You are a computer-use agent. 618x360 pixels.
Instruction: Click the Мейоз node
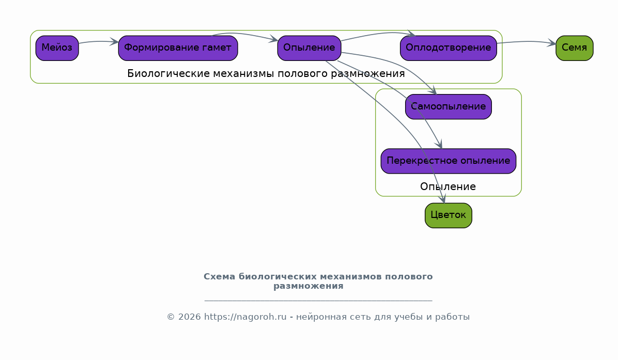57,48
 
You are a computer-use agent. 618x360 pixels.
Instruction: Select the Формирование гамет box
178,48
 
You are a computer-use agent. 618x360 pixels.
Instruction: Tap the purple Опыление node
309,48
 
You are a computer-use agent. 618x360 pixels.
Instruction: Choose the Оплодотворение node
448,48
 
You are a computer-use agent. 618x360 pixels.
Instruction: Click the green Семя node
574,48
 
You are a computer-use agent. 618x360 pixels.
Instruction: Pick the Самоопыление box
448,107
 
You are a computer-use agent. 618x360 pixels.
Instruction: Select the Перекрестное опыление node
448,161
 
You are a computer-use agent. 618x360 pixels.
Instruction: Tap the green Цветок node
448,215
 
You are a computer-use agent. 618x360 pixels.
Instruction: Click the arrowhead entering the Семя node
551,43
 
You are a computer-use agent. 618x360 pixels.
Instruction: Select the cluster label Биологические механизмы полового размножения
266,74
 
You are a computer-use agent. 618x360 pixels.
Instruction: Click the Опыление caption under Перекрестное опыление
447,186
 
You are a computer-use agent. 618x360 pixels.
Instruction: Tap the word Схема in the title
220,276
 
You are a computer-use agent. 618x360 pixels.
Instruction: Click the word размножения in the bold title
308,286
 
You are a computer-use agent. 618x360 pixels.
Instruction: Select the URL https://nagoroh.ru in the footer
245,317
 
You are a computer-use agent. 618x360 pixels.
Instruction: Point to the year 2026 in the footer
190,317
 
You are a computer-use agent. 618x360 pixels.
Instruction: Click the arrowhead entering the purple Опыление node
273,39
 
